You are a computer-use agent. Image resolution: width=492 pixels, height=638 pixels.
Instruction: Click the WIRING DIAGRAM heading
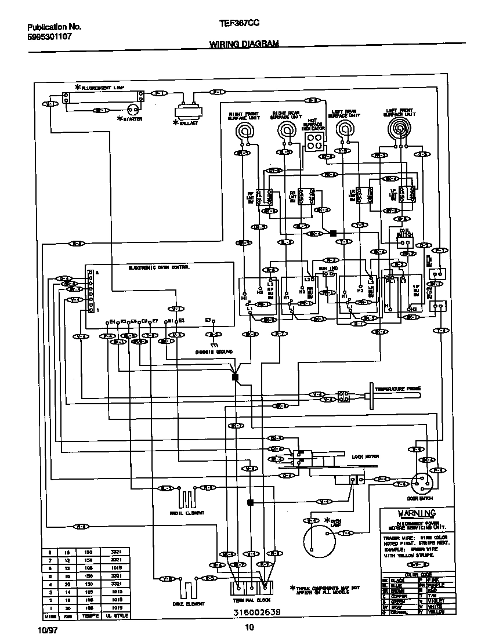click(x=244, y=44)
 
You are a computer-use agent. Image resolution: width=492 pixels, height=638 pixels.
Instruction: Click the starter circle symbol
click(x=133, y=109)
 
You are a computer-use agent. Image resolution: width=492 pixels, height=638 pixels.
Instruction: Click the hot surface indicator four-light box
click(x=314, y=140)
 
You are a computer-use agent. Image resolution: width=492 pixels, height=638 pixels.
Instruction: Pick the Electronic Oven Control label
click(x=158, y=267)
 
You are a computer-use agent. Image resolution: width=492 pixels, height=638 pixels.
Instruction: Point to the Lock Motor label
click(x=365, y=456)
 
